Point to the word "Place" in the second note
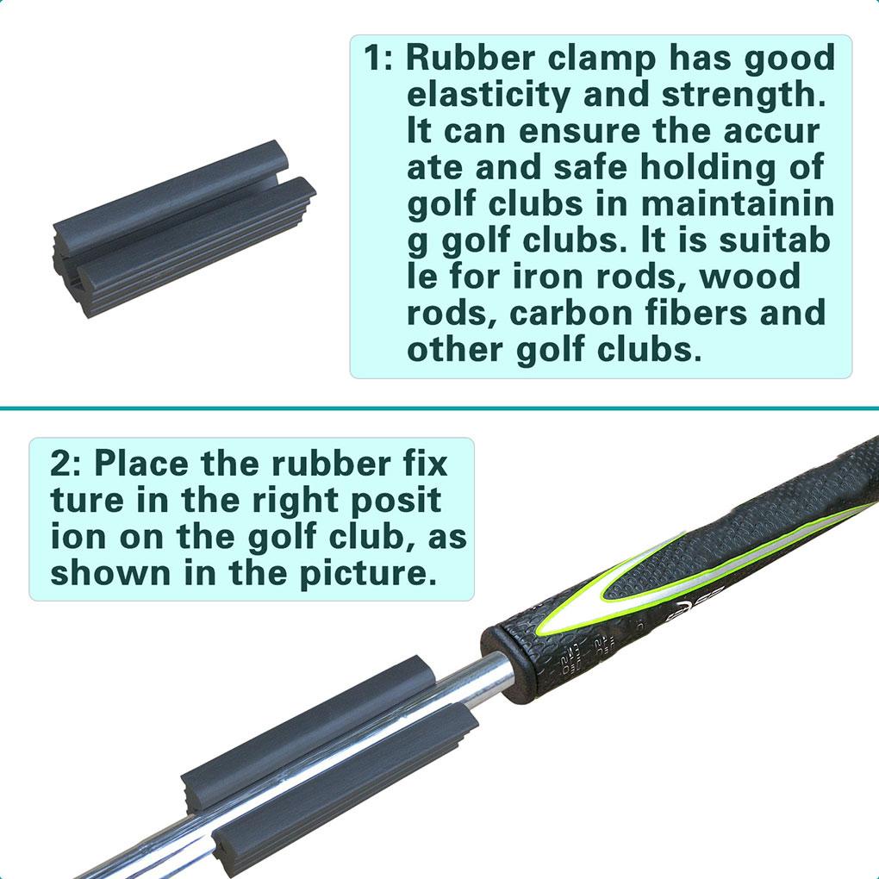click(140, 463)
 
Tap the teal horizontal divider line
click(439, 408)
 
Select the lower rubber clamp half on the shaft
click(345, 776)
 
